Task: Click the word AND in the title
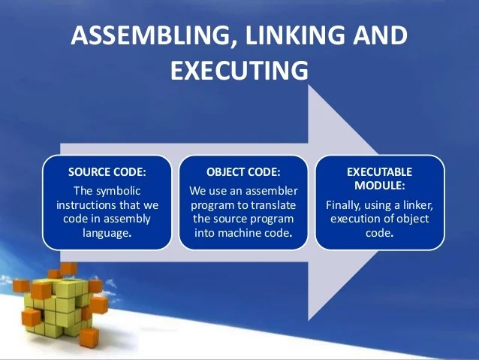pos(380,38)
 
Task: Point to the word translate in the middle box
pos(275,205)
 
